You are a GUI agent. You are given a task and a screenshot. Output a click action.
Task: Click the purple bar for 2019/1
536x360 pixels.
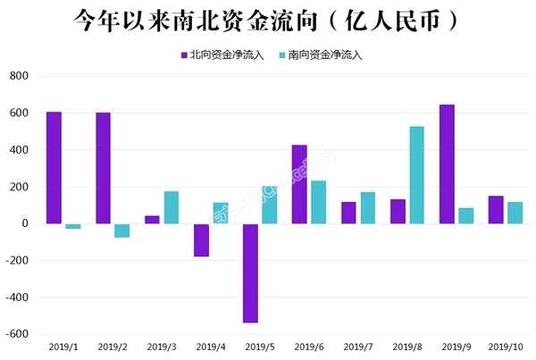(x=54, y=168)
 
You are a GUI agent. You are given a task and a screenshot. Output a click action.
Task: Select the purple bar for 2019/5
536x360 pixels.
(x=250, y=272)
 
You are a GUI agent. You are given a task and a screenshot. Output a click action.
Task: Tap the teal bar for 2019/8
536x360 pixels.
(x=416, y=175)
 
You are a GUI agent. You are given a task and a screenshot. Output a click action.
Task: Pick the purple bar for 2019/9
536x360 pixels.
(x=447, y=164)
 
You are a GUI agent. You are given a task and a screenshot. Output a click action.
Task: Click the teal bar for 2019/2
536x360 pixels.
(x=121, y=230)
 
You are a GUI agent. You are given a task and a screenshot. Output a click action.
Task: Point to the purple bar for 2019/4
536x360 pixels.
(x=201, y=240)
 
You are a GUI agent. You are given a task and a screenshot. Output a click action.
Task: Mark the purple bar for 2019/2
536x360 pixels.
(x=103, y=168)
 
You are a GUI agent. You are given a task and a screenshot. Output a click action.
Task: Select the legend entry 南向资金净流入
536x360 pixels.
(x=324, y=54)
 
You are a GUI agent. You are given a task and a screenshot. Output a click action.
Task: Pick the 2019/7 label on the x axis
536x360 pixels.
(x=357, y=347)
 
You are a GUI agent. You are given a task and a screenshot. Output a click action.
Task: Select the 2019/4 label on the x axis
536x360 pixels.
(x=211, y=347)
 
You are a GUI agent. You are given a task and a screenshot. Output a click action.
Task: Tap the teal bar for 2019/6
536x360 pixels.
(x=318, y=202)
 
